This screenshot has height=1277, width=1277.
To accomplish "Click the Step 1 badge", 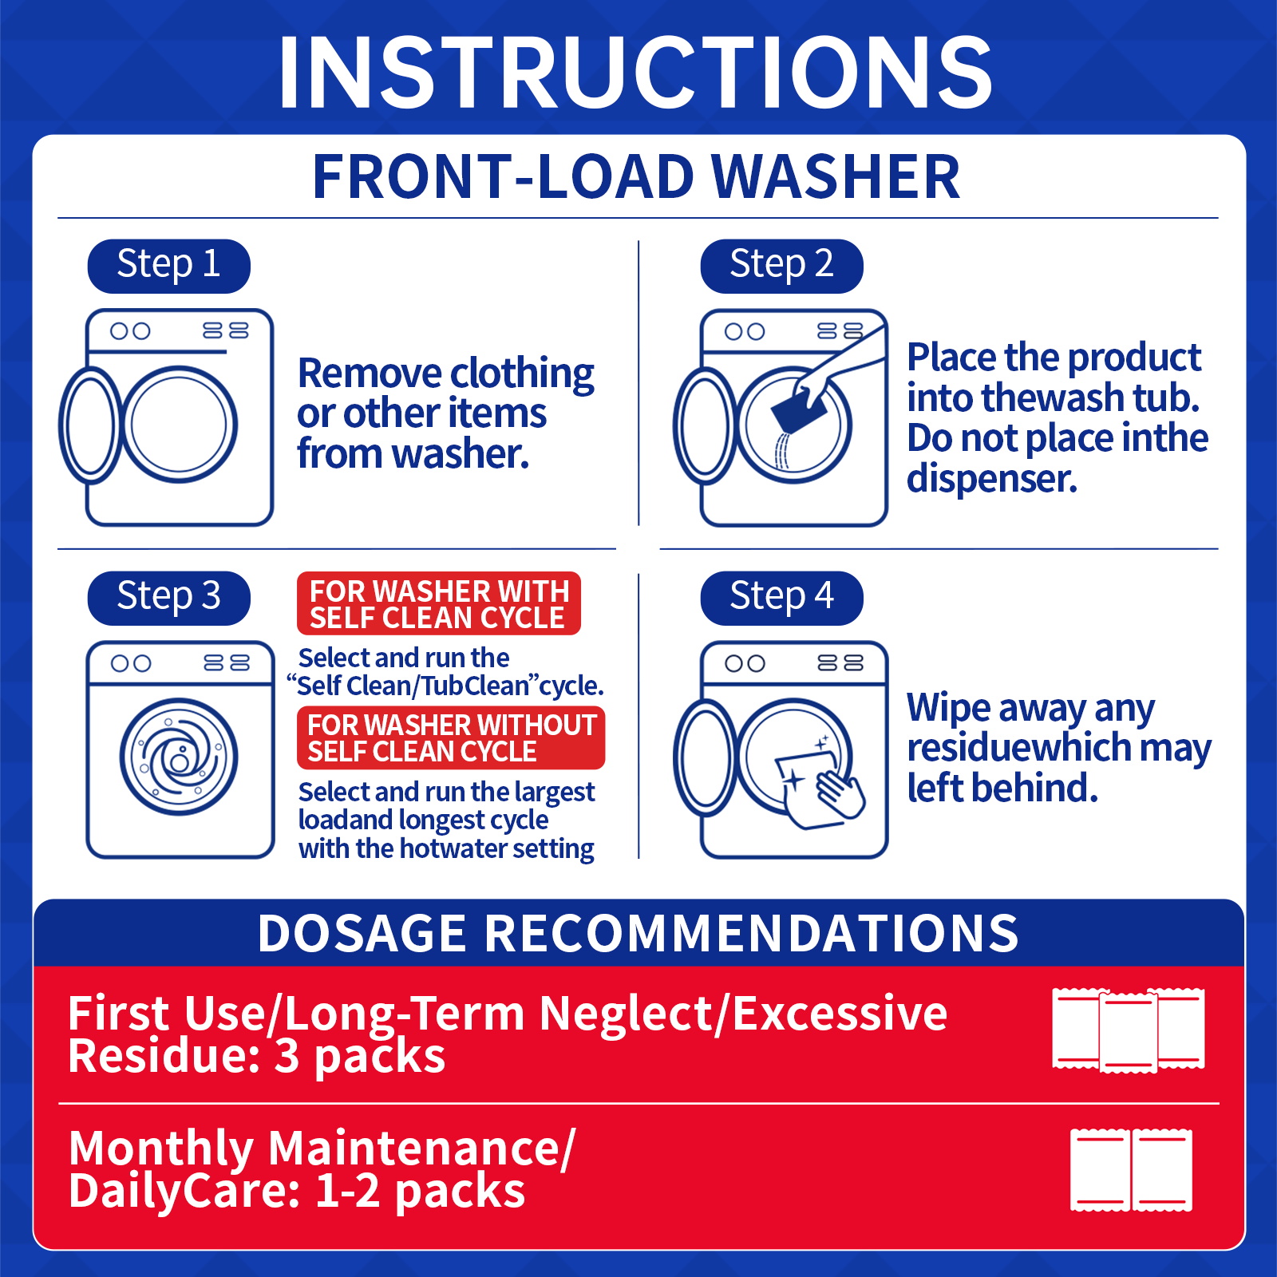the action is (168, 266).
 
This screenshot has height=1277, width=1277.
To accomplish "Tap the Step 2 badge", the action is (781, 266).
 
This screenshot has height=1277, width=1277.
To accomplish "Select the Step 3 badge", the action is (168, 598).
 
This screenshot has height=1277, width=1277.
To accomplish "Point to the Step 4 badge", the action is (781, 598).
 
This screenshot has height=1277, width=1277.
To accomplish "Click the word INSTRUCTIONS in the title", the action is (636, 73).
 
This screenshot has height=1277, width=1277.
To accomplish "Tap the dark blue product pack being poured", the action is (799, 415).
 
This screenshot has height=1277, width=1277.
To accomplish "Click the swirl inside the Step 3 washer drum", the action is (179, 757).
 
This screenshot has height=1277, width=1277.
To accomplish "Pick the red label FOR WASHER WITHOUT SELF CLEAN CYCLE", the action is (451, 738).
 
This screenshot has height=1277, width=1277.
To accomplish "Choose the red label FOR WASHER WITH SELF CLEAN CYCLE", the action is (439, 604).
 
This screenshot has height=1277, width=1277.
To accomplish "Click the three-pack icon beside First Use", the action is (1129, 1030).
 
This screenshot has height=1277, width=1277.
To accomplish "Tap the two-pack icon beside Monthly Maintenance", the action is (1131, 1169).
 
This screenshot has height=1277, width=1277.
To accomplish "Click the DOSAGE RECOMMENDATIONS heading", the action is (638, 933).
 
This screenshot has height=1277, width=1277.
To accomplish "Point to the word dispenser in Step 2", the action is (992, 480).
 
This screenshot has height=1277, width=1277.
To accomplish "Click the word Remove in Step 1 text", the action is (370, 373).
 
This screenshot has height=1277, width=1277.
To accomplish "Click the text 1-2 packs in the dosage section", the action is (421, 1192).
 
